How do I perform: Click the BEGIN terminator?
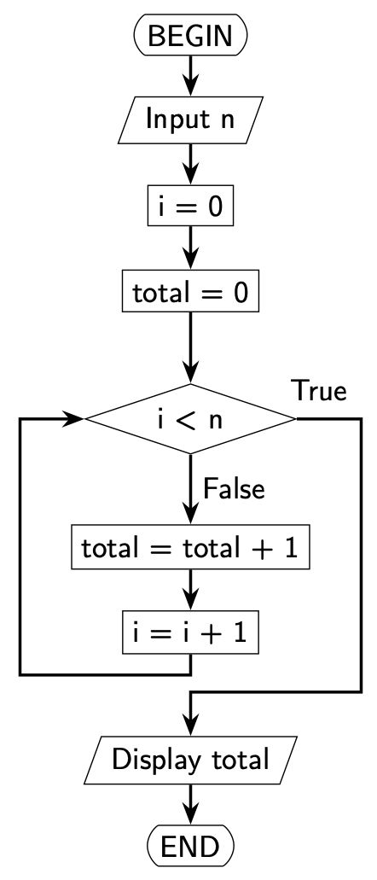click(x=190, y=36)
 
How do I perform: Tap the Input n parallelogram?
click(x=190, y=120)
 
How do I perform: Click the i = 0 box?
click(x=190, y=207)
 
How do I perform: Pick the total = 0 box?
click(x=190, y=294)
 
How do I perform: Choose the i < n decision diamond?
click(x=190, y=419)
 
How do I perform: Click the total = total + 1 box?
click(x=190, y=549)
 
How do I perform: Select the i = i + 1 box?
click(x=190, y=634)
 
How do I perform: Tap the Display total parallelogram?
click(x=190, y=758)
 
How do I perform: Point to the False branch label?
click(x=234, y=490)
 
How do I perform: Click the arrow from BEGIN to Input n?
click(x=190, y=76)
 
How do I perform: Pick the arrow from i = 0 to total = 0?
click(x=190, y=249)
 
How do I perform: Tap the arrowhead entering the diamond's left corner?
click(x=75, y=419)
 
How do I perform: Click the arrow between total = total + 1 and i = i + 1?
click(x=190, y=592)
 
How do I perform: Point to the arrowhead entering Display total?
click(x=190, y=727)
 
